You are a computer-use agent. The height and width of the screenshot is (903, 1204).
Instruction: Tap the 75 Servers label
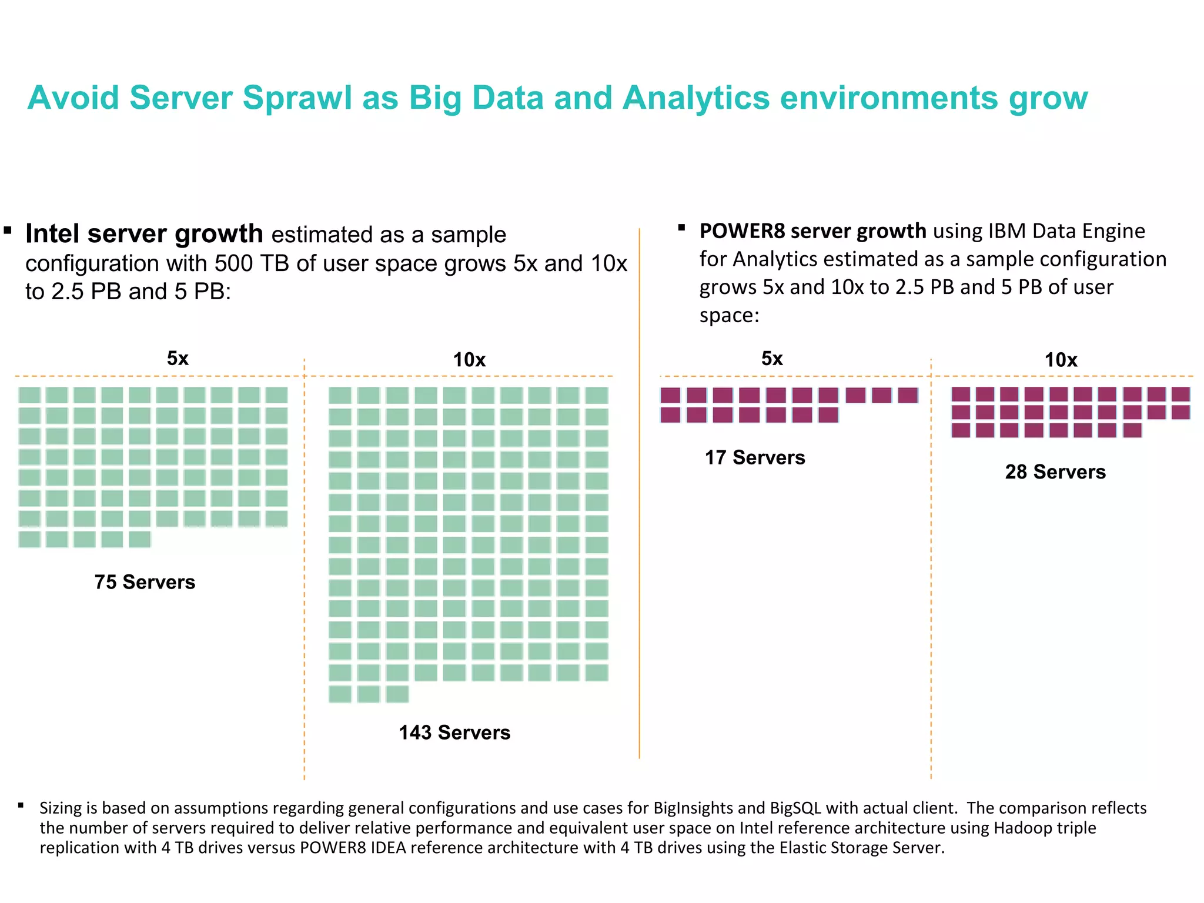145,582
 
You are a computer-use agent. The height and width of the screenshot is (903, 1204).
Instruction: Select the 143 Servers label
454,733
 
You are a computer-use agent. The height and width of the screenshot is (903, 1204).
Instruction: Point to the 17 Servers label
755,457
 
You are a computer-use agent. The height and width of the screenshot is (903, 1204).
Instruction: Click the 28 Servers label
1055,472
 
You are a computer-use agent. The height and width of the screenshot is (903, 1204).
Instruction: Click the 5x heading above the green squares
178,358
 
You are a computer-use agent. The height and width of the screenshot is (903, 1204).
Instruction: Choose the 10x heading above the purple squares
1061,360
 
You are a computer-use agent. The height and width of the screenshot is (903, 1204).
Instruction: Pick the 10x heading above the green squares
469,360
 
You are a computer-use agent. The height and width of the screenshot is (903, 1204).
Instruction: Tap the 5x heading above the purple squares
772,358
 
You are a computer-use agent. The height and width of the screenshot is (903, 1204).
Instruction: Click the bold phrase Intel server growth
144,234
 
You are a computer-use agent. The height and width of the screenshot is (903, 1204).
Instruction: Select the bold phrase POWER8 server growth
812,231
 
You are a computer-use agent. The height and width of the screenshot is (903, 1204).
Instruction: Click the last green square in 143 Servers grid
397,694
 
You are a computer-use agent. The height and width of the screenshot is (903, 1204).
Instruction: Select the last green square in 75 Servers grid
140,539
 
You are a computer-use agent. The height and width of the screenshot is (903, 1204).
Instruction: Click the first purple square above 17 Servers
670,395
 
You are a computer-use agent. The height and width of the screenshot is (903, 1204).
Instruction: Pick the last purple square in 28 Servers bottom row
1132,430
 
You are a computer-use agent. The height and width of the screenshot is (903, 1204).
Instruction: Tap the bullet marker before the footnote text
21,805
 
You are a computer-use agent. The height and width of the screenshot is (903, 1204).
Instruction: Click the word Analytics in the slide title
695,98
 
